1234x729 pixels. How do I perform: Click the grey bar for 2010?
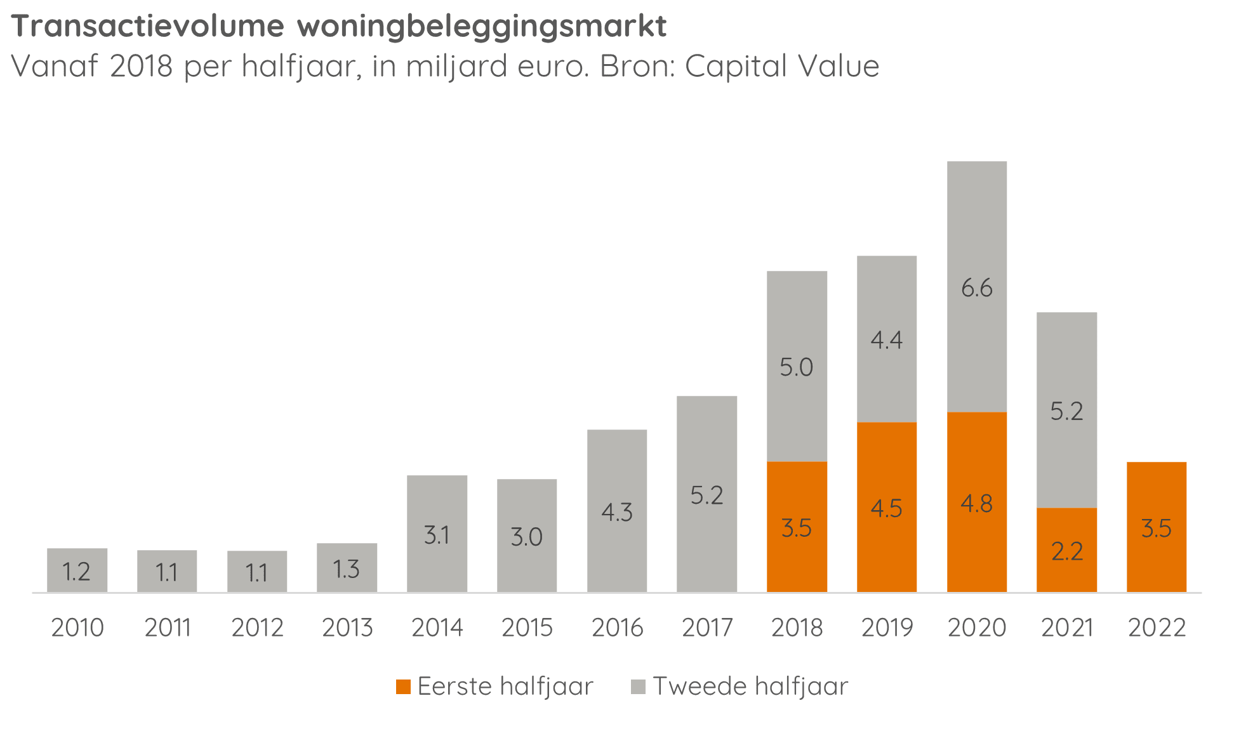[x=77, y=570]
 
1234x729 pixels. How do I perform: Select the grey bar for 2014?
[x=437, y=534]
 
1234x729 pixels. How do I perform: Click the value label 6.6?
[x=976, y=289]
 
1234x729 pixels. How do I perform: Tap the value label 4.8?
[x=976, y=504]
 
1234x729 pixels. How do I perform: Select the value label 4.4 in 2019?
[x=886, y=341]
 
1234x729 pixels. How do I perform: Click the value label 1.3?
[x=347, y=569]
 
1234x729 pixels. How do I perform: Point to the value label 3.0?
[x=527, y=537]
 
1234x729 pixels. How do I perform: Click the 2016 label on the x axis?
[x=617, y=627]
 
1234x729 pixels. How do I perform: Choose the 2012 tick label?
[x=257, y=627]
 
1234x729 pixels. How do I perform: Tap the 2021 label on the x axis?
[x=1066, y=627]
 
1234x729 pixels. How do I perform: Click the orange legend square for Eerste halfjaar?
[x=403, y=686]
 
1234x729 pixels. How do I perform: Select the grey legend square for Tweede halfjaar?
[x=638, y=686]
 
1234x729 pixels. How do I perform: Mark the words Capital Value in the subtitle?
[x=782, y=66]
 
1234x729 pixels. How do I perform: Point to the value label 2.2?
[x=1066, y=551]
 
